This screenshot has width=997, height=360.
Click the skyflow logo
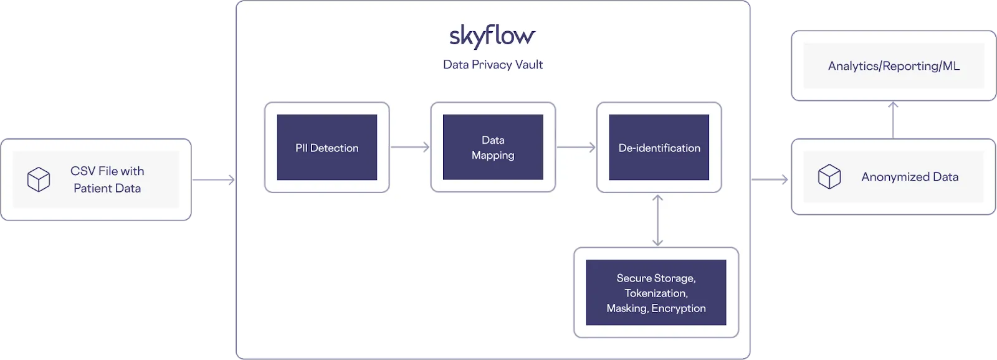click(x=492, y=37)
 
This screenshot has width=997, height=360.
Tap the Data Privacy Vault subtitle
click(x=493, y=65)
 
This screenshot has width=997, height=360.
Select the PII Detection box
click(x=327, y=148)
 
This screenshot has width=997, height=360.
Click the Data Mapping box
click(x=493, y=148)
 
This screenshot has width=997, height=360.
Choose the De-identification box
click(x=659, y=148)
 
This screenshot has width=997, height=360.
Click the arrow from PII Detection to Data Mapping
click(x=410, y=148)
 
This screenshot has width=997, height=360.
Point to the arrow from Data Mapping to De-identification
click(x=576, y=148)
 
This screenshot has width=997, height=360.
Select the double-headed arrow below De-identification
click(x=657, y=220)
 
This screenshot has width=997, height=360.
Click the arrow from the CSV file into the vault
click(x=213, y=181)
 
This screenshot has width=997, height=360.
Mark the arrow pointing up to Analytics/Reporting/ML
click(x=894, y=120)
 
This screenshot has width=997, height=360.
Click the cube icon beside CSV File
click(x=39, y=180)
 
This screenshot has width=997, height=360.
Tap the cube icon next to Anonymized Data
click(x=829, y=177)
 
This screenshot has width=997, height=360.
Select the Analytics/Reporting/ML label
click(x=894, y=66)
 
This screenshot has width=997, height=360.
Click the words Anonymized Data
click(x=910, y=177)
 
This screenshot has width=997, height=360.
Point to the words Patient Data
click(x=107, y=188)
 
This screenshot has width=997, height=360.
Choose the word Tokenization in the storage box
click(x=656, y=293)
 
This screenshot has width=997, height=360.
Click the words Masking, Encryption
click(x=656, y=308)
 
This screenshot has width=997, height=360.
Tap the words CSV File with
click(x=107, y=171)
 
